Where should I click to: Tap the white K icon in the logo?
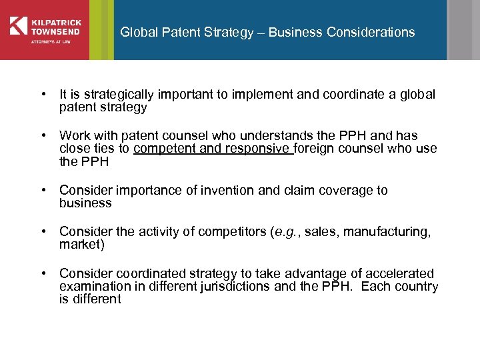(18, 25)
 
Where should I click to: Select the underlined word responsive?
(258, 149)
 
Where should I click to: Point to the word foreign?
(316, 149)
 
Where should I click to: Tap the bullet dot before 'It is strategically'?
(43, 95)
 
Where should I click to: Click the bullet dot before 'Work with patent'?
(43, 136)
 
